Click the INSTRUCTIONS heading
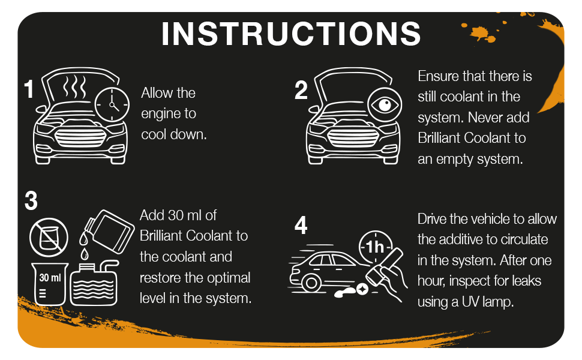click(x=291, y=34)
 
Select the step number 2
click(x=301, y=90)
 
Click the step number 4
click(x=301, y=226)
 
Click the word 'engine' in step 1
click(x=160, y=113)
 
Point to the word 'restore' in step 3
click(x=160, y=278)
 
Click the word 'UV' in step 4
click(x=472, y=302)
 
